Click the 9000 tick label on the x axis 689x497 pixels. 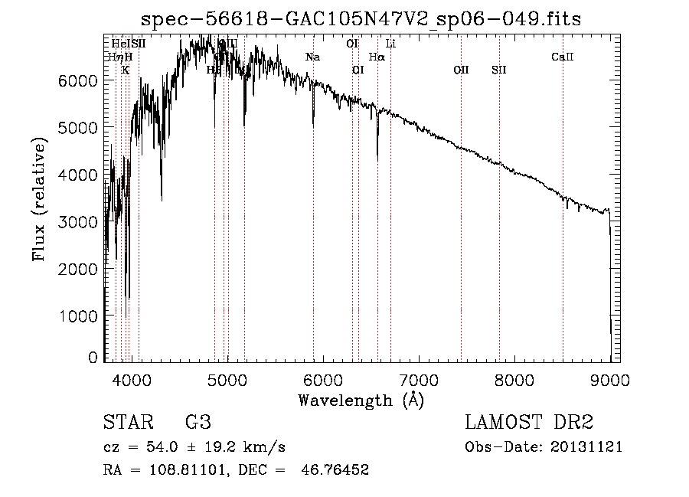tap(609, 379)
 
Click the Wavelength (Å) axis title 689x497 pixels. tap(361, 400)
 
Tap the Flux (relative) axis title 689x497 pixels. tap(40, 200)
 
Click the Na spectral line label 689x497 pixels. tap(312, 57)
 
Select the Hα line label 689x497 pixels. tap(377, 57)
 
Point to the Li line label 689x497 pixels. tap(390, 44)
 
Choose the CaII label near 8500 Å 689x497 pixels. tap(563, 57)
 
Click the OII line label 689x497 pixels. tap(461, 70)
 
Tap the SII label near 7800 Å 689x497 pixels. tap(499, 70)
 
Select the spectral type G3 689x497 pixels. tap(198, 423)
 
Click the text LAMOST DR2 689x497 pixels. tap(529, 423)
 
